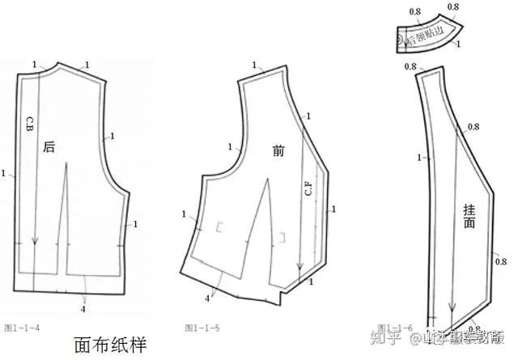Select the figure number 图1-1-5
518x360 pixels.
click(x=200, y=327)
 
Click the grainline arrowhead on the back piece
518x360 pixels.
click(x=35, y=241)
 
